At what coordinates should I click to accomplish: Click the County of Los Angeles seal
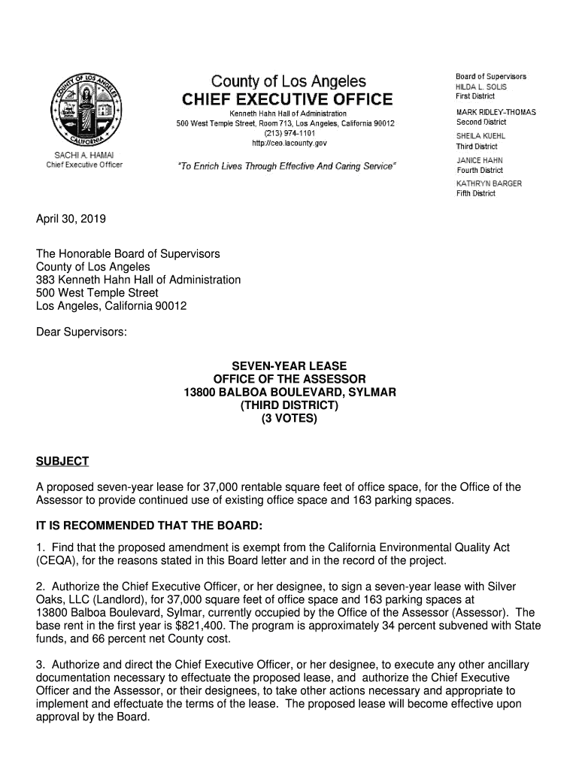[x=85, y=114]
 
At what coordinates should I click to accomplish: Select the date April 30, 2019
[x=71, y=220]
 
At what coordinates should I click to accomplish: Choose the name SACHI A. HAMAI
[x=84, y=156]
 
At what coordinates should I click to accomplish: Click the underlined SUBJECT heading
[x=62, y=461]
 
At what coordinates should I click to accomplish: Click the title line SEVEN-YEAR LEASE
[x=289, y=367]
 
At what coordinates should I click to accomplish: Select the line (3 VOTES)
[x=289, y=419]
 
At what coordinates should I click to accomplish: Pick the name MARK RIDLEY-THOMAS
[x=496, y=112]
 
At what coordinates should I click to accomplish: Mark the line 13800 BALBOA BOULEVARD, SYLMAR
[x=289, y=393]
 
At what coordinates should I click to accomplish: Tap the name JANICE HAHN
[x=479, y=160]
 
